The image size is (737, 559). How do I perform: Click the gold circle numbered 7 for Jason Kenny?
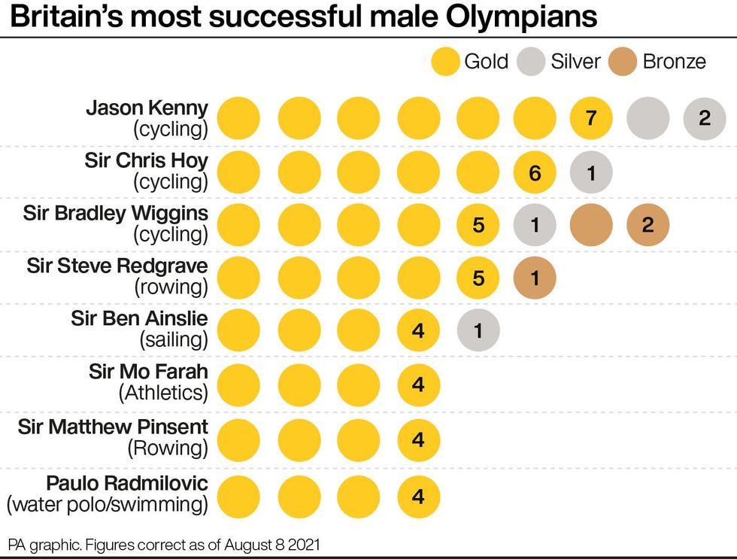591,118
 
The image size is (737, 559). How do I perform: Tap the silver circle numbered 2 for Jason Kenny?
705,118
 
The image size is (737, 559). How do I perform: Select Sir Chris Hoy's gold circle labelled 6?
535,173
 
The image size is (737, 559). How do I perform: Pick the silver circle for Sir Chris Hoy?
591,173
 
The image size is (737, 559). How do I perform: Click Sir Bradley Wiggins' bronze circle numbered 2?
648,224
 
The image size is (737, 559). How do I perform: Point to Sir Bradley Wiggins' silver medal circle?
535,224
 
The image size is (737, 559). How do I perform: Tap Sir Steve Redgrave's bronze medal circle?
535,278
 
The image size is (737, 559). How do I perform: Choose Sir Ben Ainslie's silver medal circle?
478,330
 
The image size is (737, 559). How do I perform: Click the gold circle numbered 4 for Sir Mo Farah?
418,384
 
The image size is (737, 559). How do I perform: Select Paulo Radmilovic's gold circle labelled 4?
418,497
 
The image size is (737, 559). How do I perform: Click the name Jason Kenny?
147,107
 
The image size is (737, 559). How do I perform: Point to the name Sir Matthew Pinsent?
114,427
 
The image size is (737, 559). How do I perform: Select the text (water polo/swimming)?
108,504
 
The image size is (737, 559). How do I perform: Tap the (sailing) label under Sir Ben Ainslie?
174,339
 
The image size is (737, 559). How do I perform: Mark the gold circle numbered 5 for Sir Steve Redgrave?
478,278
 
